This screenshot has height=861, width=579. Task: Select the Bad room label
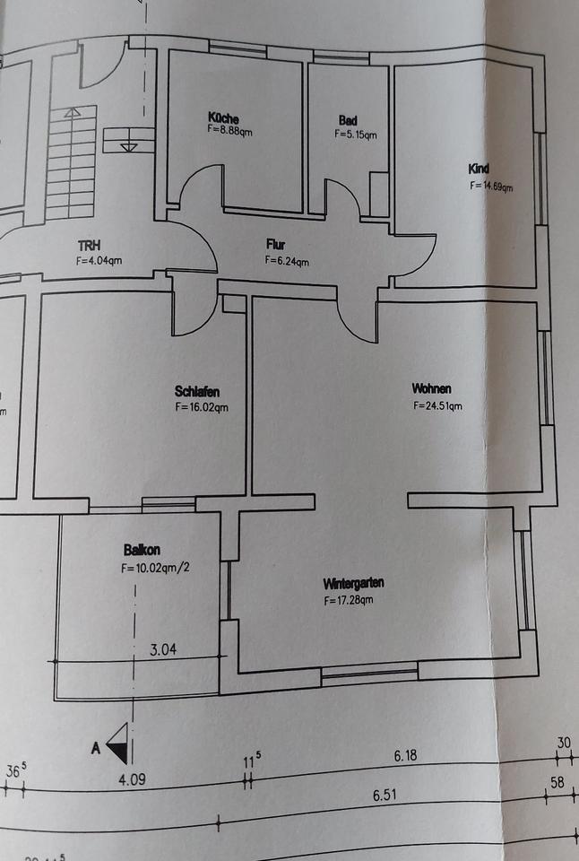[x=348, y=121]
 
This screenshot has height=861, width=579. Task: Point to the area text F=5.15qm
[x=355, y=135]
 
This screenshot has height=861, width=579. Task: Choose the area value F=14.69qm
[x=491, y=187]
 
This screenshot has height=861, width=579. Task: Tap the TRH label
[x=90, y=245]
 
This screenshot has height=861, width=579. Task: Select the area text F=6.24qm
[x=287, y=261]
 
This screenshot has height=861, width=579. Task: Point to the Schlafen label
[x=197, y=391]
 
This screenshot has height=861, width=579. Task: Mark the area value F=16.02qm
[x=203, y=406]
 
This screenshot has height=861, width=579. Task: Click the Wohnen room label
[x=431, y=388]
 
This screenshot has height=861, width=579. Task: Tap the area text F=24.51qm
[x=437, y=405]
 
